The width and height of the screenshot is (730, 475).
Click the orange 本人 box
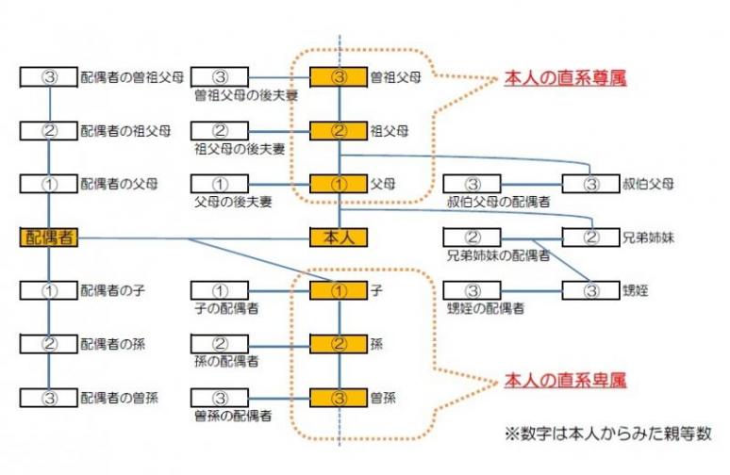click(x=338, y=237)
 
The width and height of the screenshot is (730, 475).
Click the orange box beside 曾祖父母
click(x=339, y=77)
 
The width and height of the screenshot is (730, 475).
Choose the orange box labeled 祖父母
click(x=339, y=131)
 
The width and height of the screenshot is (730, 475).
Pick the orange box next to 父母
click(x=339, y=184)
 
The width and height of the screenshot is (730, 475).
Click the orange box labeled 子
click(x=339, y=290)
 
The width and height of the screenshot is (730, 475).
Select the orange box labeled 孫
click(x=339, y=343)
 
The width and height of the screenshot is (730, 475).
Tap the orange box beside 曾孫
click(x=339, y=397)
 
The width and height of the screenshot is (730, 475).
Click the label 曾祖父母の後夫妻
click(x=240, y=94)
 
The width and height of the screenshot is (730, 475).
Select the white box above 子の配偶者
click(x=219, y=290)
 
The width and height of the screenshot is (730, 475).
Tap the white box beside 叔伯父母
click(x=591, y=184)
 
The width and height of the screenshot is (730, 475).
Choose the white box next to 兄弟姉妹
click(x=591, y=237)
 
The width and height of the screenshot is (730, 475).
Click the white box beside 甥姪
click(x=591, y=290)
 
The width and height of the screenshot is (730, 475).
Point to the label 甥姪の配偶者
click(x=486, y=308)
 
